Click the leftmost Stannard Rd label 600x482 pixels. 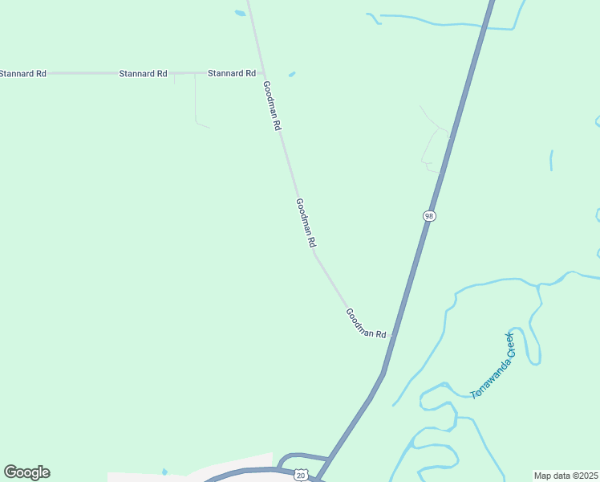[23, 73]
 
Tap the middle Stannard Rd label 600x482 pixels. [143, 73]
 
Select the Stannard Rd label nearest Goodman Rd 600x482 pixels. [231, 73]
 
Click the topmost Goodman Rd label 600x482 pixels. [272, 105]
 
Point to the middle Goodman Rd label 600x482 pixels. [306, 223]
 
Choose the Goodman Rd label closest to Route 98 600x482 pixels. [366, 322]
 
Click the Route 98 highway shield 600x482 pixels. [430, 216]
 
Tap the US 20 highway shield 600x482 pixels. [300, 476]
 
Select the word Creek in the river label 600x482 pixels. [506, 345]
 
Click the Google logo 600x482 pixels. [26, 472]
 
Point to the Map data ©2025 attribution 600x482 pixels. [566, 476]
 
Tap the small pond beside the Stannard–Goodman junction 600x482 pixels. [291, 75]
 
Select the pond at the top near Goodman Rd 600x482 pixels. [240, 13]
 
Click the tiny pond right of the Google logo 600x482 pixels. [164, 471]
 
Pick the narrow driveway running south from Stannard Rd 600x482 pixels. [196, 100]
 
